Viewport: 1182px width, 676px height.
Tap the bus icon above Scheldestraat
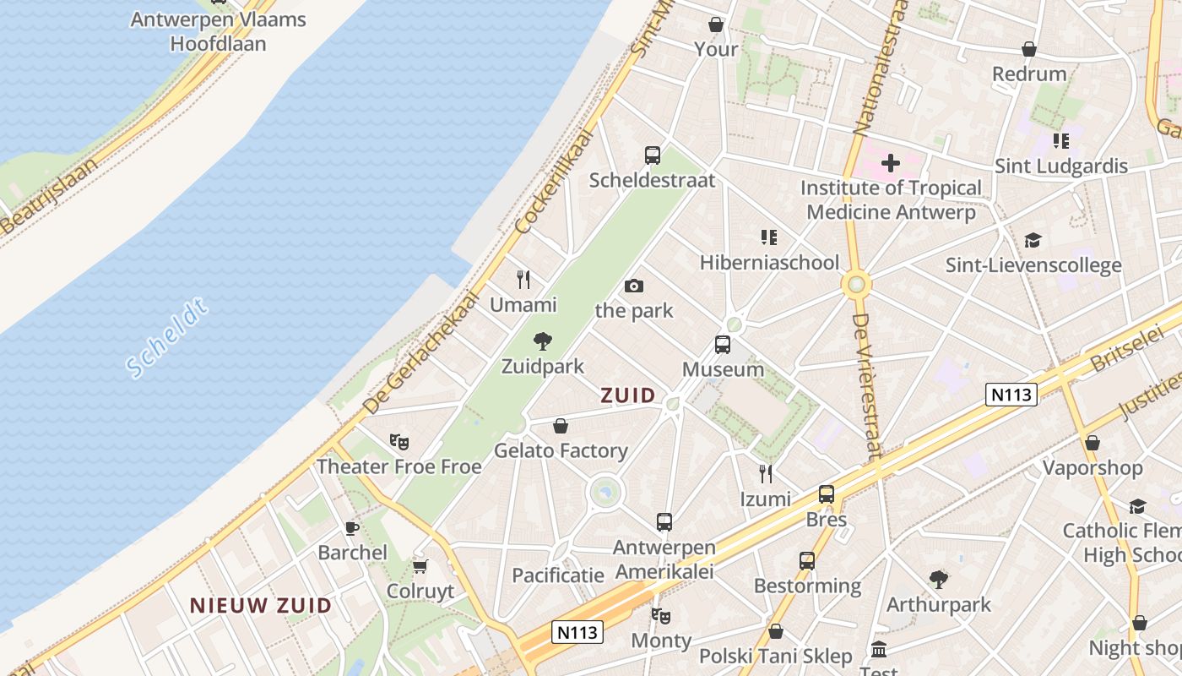click(x=653, y=155)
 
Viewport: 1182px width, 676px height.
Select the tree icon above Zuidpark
click(x=543, y=341)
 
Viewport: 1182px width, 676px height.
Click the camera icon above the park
click(x=634, y=286)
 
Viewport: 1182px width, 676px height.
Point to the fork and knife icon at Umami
click(x=523, y=280)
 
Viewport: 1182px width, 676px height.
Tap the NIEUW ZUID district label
click(x=260, y=605)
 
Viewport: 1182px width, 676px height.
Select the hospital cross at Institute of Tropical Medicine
click(x=890, y=162)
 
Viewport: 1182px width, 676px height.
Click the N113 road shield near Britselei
click(x=1011, y=394)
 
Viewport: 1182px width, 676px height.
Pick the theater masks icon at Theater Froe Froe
click(x=399, y=441)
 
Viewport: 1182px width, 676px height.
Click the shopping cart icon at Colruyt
click(x=420, y=566)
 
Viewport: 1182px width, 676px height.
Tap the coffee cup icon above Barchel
click(x=352, y=528)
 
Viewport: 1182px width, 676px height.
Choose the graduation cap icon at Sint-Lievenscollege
click(x=1033, y=241)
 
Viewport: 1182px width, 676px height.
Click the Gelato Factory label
click(x=561, y=450)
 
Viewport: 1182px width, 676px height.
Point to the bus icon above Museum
click(x=723, y=345)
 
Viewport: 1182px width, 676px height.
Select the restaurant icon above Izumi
click(x=765, y=473)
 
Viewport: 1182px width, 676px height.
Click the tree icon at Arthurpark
click(x=938, y=580)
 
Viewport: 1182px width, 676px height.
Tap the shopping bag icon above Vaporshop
click(x=1093, y=443)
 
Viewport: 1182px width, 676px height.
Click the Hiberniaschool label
click(x=769, y=262)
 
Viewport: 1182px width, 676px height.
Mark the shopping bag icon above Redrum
click(x=1029, y=49)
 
